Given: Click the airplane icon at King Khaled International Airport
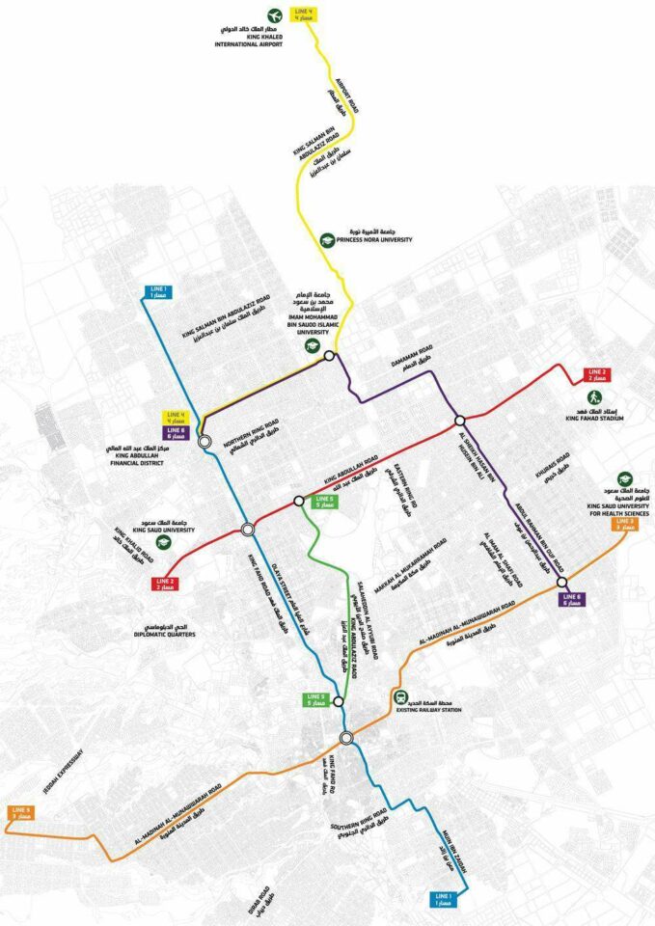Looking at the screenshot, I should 274,16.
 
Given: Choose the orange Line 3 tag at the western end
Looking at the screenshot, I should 20,812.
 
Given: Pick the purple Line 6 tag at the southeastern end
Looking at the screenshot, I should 573,601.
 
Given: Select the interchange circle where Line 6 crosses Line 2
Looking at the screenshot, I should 460,420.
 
